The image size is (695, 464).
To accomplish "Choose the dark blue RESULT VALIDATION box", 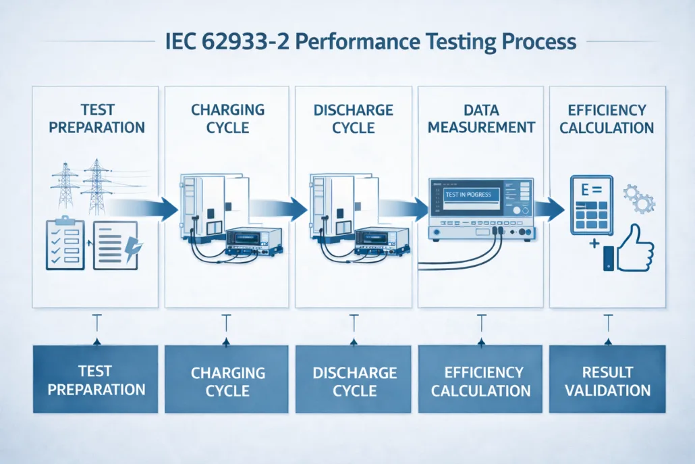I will coord(607,380).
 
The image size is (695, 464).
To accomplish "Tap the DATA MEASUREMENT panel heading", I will coord(481,119).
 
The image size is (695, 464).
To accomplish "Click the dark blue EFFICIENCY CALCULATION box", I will coord(480,380).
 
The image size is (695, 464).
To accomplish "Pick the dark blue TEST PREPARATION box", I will coord(95,379).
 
